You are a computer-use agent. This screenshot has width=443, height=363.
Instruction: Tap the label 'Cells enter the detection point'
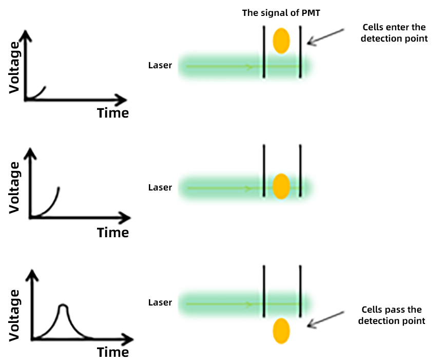pos(394,33)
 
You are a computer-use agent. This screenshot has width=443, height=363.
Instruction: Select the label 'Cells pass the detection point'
pos(392,315)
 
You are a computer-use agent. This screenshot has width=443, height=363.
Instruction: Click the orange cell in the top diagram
pos(281,41)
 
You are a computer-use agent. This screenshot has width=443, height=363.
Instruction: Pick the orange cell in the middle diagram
pos(281,186)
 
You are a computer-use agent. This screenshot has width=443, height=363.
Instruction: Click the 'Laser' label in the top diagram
pos(160,65)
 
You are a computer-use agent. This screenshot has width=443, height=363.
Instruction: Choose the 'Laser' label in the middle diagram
pos(160,187)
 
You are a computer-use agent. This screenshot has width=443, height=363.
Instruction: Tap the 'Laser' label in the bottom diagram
pos(160,303)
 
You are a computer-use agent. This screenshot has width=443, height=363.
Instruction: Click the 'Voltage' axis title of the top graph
pos(15,67)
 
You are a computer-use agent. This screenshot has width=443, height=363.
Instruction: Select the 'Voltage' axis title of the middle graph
pos(15,187)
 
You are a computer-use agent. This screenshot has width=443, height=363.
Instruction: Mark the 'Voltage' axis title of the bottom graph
pos(15,315)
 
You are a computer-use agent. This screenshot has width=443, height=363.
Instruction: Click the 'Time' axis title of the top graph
pos(113,112)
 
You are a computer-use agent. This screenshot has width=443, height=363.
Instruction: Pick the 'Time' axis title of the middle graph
pos(113,233)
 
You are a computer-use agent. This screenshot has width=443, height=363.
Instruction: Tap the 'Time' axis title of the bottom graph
pos(113,352)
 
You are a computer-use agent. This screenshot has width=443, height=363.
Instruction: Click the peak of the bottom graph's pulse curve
pos(63,306)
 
